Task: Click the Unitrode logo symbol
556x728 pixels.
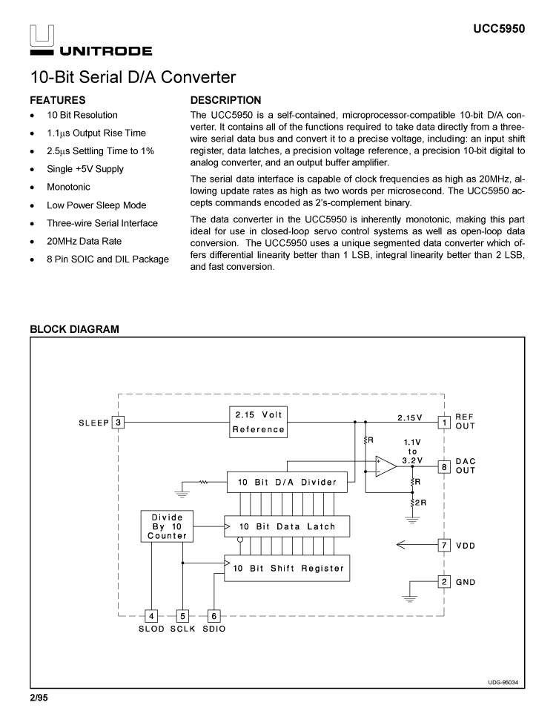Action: pyautogui.click(x=41, y=36)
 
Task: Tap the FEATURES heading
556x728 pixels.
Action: pyautogui.click(x=57, y=100)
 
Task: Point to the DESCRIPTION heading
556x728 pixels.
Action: pyautogui.click(x=225, y=100)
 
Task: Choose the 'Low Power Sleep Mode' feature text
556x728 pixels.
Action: pyautogui.click(x=96, y=205)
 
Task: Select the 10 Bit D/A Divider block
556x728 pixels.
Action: pyautogui.click(x=286, y=483)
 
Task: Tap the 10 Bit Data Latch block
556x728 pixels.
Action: pyautogui.click(x=286, y=526)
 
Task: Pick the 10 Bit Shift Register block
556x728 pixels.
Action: pyautogui.click(x=286, y=569)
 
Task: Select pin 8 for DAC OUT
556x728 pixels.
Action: pyautogui.click(x=444, y=466)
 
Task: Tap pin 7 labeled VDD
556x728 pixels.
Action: pyautogui.click(x=444, y=546)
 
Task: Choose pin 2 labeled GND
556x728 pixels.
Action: pyautogui.click(x=444, y=581)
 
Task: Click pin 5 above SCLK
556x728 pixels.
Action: pyautogui.click(x=182, y=615)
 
